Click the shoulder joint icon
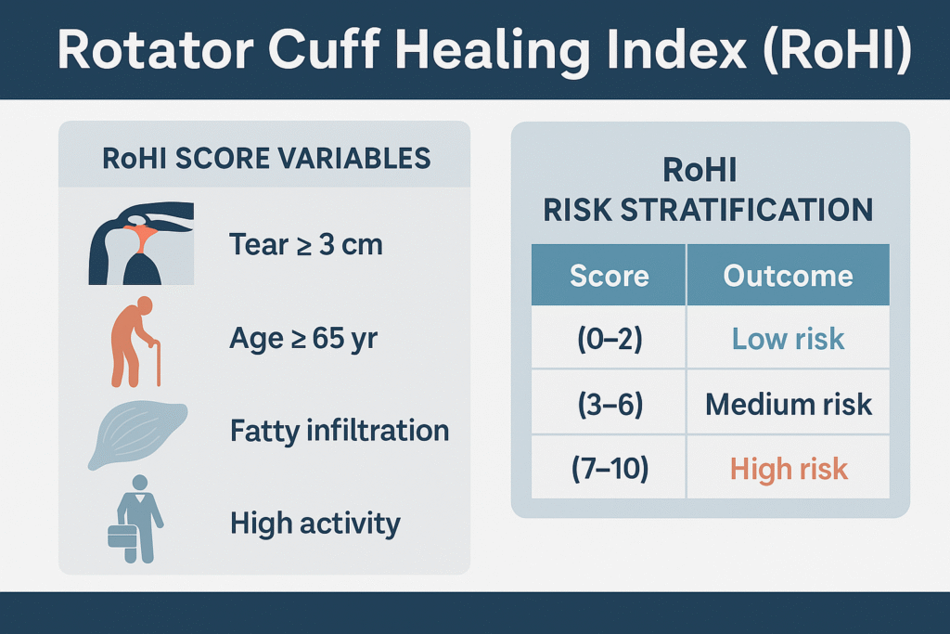click(141, 243)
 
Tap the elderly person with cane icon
click(135, 342)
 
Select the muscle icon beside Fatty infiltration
click(137, 434)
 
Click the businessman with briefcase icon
click(135, 520)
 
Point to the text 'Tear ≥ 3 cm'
click(306, 245)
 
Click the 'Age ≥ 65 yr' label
click(303, 339)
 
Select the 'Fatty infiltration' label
click(340, 432)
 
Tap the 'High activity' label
click(315, 524)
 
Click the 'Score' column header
click(609, 275)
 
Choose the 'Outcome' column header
click(789, 275)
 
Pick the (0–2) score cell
click(609, 338)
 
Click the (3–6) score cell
click(609, 404)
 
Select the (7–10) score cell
click(609, 468)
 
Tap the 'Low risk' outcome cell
click(789, 338)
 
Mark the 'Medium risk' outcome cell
click(789, 404)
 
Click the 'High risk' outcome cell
click(789, 468)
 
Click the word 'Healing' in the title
click(493, 51)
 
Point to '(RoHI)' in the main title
click(838, 50)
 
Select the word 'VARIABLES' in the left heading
click(354, 159)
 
